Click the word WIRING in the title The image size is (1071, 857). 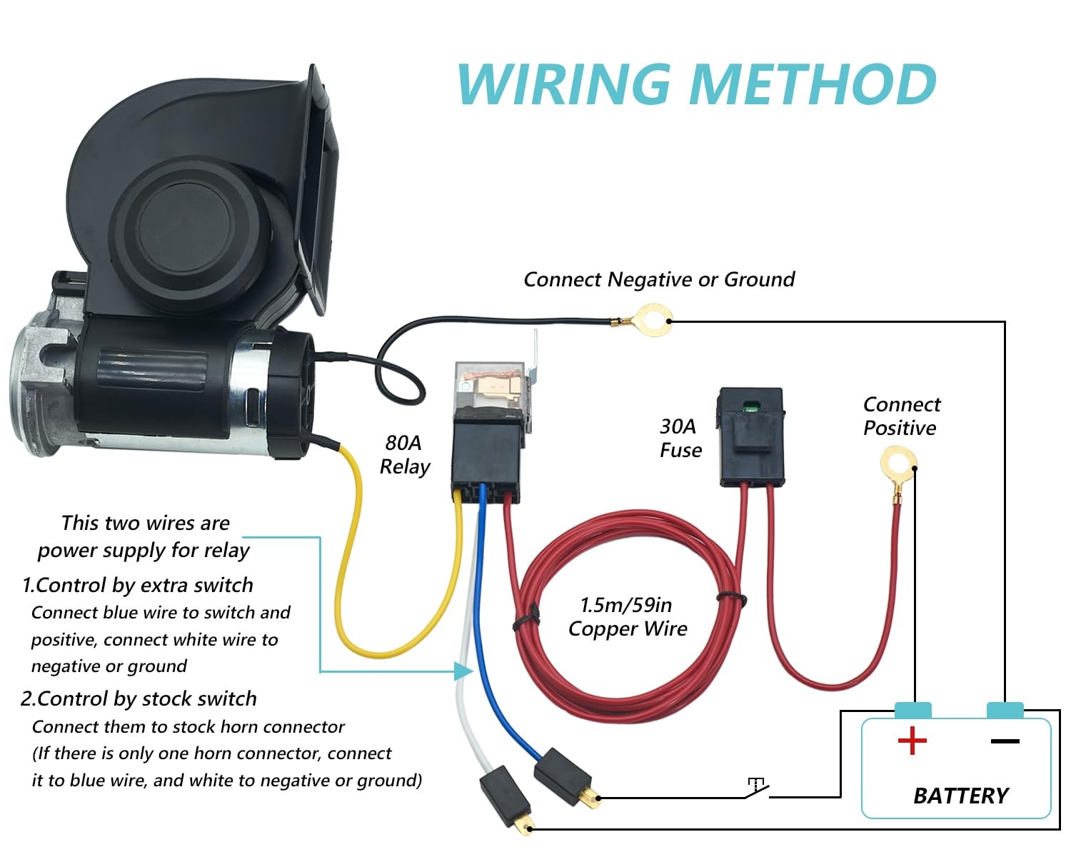(564, 84)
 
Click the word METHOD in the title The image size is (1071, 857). (813, 84)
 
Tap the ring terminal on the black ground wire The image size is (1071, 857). (650, 320)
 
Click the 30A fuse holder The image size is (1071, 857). (751, 437)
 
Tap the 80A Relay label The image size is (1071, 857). (405, 455)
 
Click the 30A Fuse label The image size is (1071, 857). (680, 438)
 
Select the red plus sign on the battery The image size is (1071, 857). (912, 741)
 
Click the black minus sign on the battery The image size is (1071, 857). (1005, 741)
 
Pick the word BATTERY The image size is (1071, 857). (961, 796)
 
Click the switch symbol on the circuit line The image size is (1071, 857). (756, 788)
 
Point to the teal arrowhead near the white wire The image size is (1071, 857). (463, 671)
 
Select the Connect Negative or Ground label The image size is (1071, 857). (659, 279)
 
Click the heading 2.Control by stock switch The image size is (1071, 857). (139, 699)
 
